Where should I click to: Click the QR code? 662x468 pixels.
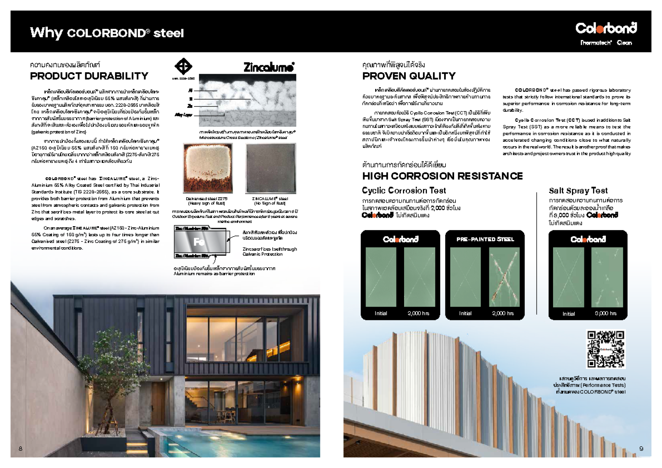pos(605,349)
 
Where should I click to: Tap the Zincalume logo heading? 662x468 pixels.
pos(269,67)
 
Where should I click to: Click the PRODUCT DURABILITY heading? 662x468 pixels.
pos(89,76)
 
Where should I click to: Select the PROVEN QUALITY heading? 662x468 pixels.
pos(409,76)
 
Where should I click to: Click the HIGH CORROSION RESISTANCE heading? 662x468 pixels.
pos(442,176)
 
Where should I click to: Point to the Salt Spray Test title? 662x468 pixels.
pos(578,191)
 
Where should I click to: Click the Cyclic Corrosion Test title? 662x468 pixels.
pos(404,191)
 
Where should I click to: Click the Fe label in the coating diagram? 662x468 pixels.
pos(199,242)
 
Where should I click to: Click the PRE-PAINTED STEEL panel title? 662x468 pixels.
pos(485,239)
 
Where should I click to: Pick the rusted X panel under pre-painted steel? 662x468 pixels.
pos(504,277)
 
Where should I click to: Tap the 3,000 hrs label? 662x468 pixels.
pos(606,313)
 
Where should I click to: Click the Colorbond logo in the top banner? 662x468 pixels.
pos(606,28)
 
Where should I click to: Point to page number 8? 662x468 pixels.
pos(20,448)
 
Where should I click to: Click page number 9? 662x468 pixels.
pos(641,448)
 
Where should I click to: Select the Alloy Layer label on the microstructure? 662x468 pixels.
pos(183,115)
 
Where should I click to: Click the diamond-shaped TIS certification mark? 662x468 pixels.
pos(183,67)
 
